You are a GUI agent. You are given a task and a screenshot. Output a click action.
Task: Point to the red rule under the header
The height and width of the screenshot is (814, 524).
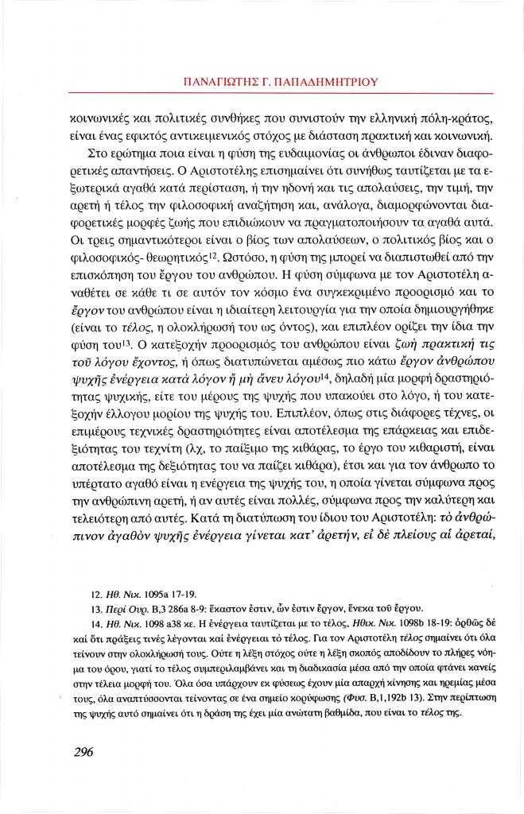(262, 95)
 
